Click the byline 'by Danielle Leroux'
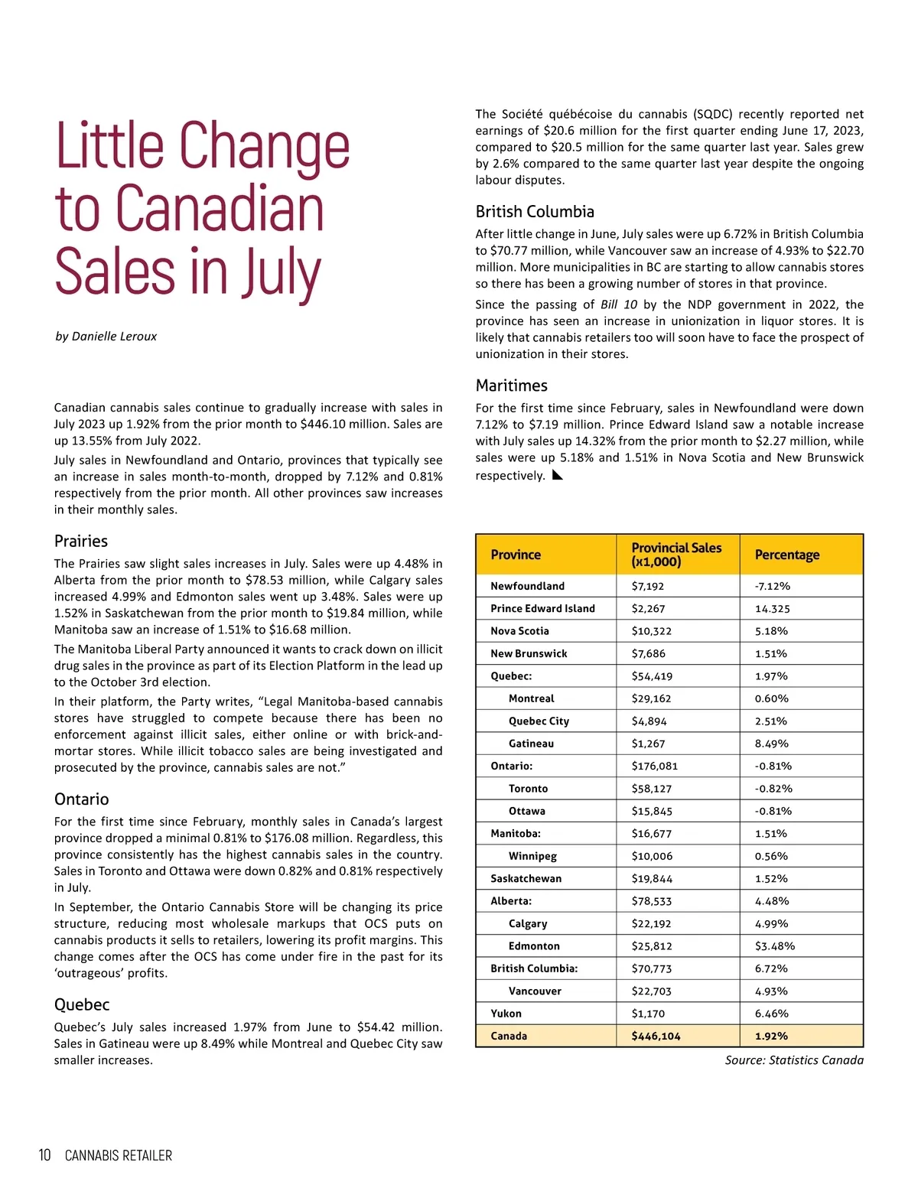106,337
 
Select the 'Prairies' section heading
81,542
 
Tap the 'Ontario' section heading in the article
81,799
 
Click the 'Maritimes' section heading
511,386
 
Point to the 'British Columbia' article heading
535,212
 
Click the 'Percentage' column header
786,555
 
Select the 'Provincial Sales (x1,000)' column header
676,555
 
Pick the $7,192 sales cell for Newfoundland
648,586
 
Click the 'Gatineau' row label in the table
531,744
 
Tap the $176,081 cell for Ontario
654,766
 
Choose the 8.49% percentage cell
771,744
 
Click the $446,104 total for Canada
656,1036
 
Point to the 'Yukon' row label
506,1014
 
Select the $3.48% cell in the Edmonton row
774,946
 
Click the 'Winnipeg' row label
532,856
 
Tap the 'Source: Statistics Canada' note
794,1060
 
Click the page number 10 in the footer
44,1155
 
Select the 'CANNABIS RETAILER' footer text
119,1156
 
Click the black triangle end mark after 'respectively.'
557,475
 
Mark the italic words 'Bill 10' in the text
618,304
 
